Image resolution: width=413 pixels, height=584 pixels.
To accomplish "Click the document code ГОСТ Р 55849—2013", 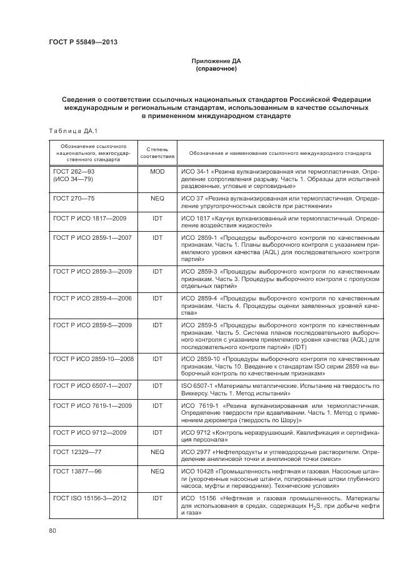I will (x=83, y=42).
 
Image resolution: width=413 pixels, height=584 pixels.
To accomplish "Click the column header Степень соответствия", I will (x=157, y=153).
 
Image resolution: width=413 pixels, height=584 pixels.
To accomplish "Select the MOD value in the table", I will (x=157, y=171).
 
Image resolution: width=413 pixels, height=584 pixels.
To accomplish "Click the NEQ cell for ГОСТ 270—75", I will (x=157, y=197).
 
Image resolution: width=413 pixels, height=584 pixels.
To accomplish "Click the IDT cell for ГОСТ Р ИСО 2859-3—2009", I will (x=157, y=272).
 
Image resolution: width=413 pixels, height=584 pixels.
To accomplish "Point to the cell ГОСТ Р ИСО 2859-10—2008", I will (x=93, y=359).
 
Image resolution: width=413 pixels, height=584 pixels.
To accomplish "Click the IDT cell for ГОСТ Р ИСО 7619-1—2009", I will (x=157, y=406).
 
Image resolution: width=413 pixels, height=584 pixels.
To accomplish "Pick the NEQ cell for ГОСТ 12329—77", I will (x=157, y=450).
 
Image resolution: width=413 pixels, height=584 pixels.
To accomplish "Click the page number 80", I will (x=52, y=531).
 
